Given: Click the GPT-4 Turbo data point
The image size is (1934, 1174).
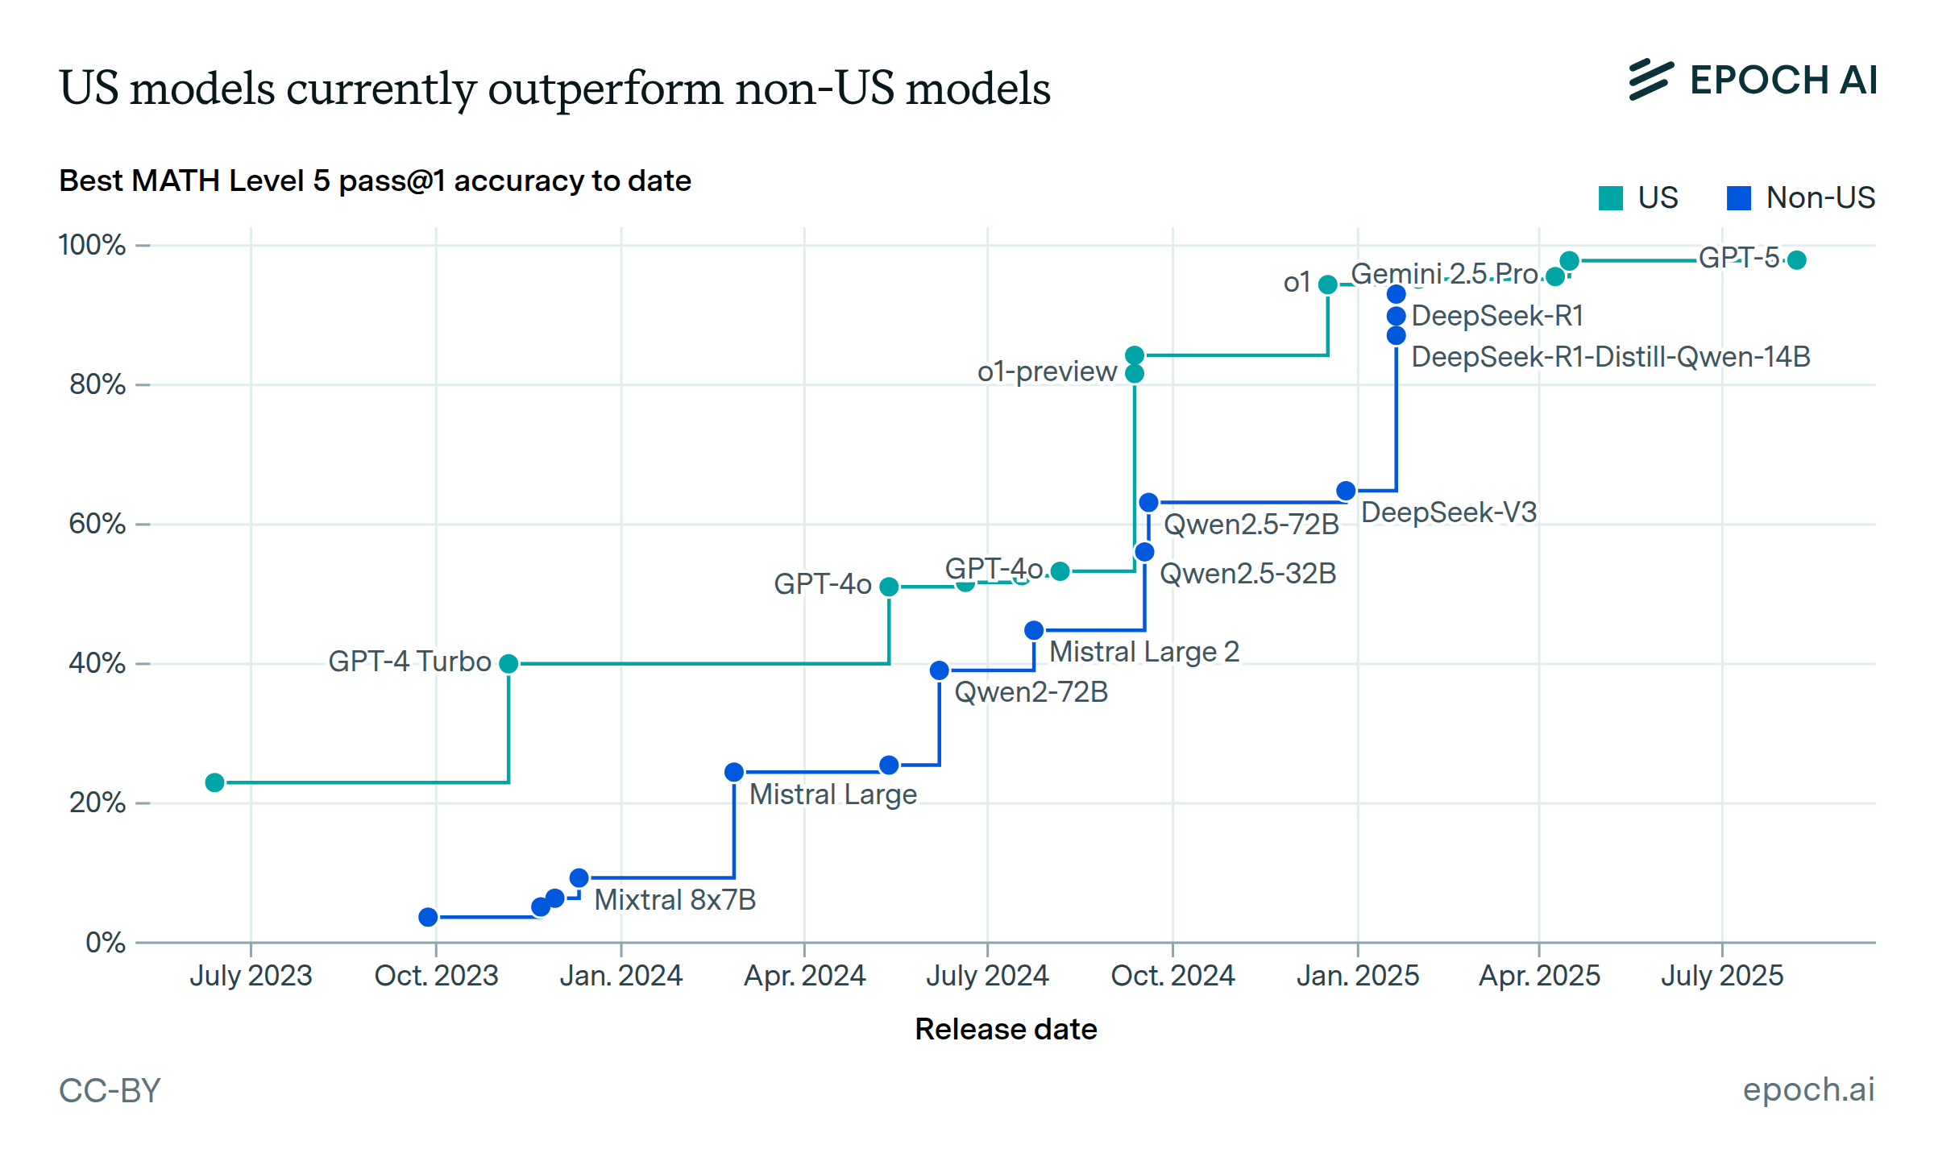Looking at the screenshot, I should pos(508,663).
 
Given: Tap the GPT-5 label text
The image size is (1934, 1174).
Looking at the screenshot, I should pos(1738,258).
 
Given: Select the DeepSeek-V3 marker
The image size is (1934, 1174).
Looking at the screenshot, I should pos(1346,491).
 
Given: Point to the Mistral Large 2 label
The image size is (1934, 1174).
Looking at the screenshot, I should pos(1143,651).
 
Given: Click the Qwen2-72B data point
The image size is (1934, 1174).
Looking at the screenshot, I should pos(940,670).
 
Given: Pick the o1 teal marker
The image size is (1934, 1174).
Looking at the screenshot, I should pos(1328,284).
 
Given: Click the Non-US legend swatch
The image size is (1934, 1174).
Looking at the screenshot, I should pos(1739,198).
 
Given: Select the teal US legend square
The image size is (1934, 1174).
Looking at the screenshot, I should pos(1610,198).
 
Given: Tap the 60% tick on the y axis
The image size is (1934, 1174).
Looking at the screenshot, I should pos(98,524).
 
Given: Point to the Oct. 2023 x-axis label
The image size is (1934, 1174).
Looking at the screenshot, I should pos(436,976).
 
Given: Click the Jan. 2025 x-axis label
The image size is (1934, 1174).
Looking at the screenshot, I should pos(1357,976).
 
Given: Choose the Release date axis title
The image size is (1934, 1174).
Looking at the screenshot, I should pos(1006,1029).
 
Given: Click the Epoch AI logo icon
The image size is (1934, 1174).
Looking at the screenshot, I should pos(1650,80).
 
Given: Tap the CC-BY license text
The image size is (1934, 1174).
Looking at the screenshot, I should pos(110,1090).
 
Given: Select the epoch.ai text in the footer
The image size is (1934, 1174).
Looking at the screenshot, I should pos(1808,1089).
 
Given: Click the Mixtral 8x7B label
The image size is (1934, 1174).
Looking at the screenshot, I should pos(674,899).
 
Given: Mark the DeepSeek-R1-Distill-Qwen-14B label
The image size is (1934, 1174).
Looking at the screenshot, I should pos(1610,356).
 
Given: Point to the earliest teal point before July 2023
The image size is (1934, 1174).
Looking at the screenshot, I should pos(214,782).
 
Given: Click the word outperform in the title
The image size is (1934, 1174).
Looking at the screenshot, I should pos(605,88).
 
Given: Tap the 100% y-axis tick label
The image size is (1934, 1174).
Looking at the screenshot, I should pos(92,245).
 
